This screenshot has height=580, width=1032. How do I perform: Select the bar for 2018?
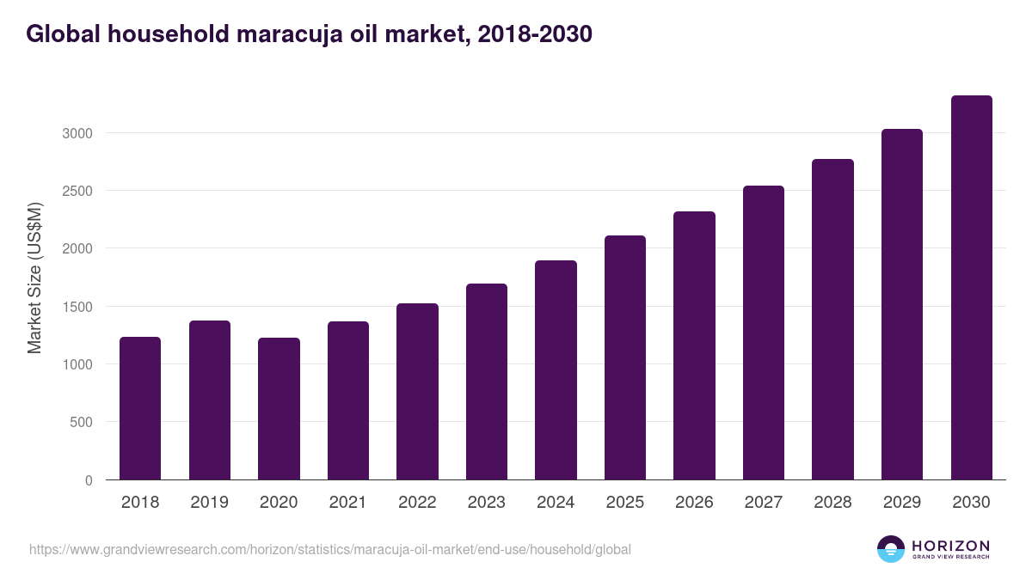(140, 408)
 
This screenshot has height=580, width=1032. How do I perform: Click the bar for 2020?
(279, 409)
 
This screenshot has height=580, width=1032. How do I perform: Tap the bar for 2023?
(487, 382)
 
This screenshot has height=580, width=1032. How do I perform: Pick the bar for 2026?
(694, 345)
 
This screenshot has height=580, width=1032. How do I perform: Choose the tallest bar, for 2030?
(971, 288)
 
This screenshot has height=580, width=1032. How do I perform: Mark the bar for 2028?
(832, 320)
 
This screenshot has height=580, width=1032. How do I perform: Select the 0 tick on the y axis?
(89, 480)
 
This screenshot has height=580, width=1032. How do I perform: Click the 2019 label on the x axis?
(209, 503)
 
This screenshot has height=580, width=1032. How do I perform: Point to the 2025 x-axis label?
(624, 503)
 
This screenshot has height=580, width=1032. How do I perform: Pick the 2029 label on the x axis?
(902, 503)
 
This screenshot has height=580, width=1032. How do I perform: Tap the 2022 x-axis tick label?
(417, 503)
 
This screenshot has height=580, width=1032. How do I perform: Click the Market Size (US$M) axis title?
(34, 278)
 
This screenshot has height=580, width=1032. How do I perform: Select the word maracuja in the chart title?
(286, 34)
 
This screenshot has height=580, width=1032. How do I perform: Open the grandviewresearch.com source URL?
(330, 549)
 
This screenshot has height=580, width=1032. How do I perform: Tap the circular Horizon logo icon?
(891, 549)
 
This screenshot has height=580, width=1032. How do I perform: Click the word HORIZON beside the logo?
(950, 546)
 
